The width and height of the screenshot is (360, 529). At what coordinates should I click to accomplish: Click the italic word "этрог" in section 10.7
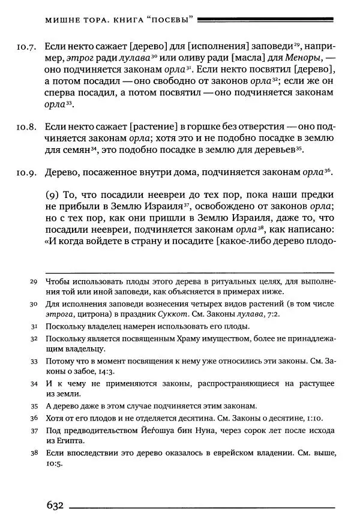pyautogui.click(x=79, y=58)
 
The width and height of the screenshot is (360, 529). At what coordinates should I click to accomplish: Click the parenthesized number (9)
pyautogui.click(x=52, y=196)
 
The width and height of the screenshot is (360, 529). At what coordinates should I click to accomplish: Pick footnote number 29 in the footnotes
pyautogui.click(x=34, y=282)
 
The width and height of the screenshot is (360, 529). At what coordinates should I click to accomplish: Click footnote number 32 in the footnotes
pyautogui.click(x=34, y=339)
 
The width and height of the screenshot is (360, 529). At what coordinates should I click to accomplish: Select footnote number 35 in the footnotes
pyautogui.click(x=34, y=405)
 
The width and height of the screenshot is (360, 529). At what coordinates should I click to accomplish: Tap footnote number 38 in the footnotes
pyautogui.click(x=34, y=453)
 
